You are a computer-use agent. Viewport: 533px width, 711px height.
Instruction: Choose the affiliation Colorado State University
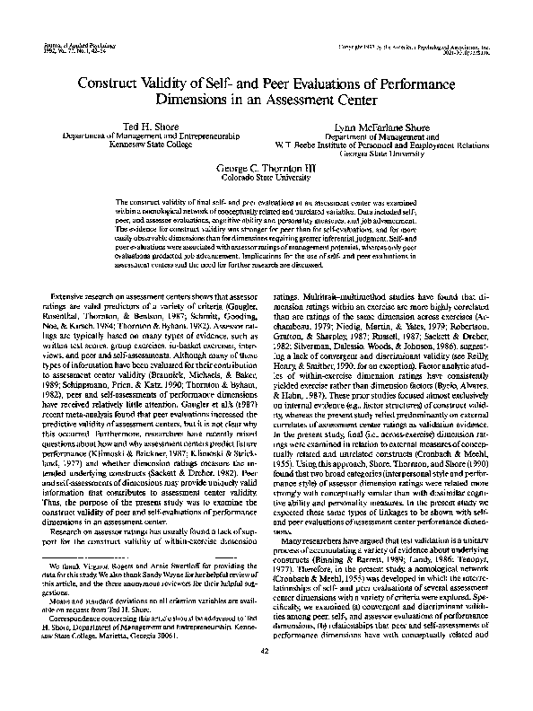coord(265,178)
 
